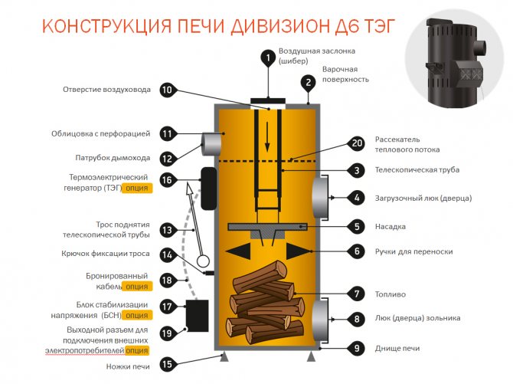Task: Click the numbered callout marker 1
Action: click(268, 57)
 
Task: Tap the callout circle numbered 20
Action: click(356, 143)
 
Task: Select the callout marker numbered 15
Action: click(167, 364)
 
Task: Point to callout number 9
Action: click(356, 348)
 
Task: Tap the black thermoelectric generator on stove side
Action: click(207, 187)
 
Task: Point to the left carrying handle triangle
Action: click(240, 251)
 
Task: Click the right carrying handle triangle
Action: click(296, 251)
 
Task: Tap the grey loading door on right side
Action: click(320, 198)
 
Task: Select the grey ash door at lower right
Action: click(320, 318)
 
